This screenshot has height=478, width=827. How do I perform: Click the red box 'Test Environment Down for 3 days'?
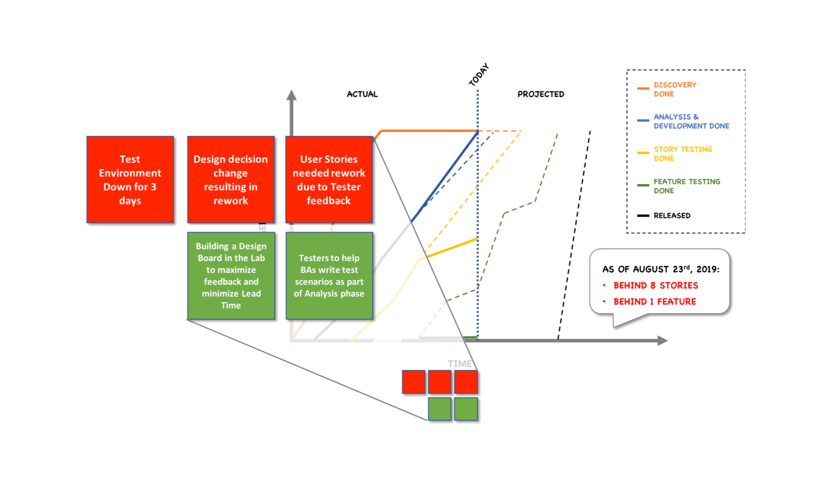(x=130, y=180)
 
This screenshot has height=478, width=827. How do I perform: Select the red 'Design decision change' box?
(x=231, y=180)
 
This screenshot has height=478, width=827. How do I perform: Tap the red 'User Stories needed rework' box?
(x=329, y=180)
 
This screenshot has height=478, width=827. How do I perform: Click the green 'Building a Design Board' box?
(x=231, y=276)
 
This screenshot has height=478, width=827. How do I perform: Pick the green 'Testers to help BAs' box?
(x=329, y=276)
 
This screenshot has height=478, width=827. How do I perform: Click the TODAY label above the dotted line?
(x=479, y=76)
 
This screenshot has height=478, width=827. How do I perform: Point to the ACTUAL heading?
(x=362, y=94)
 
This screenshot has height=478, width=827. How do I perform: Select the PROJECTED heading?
(x=540, y=94)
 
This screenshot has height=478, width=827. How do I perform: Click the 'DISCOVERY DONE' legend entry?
(x=674, y=89)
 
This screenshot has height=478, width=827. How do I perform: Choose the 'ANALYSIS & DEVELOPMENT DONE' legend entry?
(x=691, y=121)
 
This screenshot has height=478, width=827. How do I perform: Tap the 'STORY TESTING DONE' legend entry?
(x=682, y=154)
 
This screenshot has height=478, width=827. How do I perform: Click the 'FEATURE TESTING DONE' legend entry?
(x=686, y=186)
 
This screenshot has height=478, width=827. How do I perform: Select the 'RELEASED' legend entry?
(x=672, y=216)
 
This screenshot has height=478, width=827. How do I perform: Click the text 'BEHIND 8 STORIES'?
(x=656, y=285)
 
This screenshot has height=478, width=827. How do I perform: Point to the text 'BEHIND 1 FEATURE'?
(x=654, y=302)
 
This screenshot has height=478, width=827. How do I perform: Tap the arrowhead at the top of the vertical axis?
(x=291, y=94)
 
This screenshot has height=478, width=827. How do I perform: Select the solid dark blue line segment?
(x=445, y=176)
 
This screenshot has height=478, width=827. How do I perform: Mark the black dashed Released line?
(x=574, y=238)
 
